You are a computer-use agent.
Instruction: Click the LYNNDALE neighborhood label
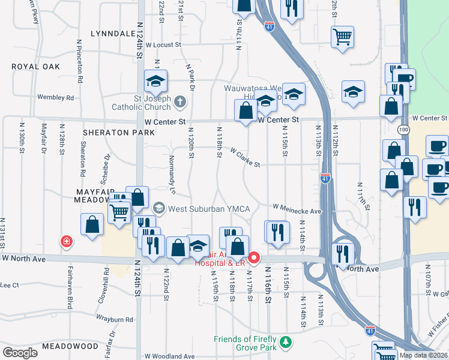[x=112, y=34]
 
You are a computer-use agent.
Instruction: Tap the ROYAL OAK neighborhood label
[x=36, y=67]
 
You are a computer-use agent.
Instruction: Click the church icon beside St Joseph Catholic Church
[x=179, y=102]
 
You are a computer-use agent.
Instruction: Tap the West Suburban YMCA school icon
[x=158, y=209]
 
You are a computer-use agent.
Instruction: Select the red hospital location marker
[x=253, y=259]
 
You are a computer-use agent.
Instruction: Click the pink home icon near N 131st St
[x=65, y=241]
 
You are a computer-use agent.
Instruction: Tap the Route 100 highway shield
[x=402, y=130]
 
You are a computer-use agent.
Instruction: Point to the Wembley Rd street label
[x=55, y=97]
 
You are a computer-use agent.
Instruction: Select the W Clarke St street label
[x=244, y=158]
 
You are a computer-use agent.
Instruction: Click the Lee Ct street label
[x=10, y=285]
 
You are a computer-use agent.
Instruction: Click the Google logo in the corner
[x=20, y=353]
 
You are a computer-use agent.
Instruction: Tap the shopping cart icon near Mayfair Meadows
[x=119, y=212]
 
